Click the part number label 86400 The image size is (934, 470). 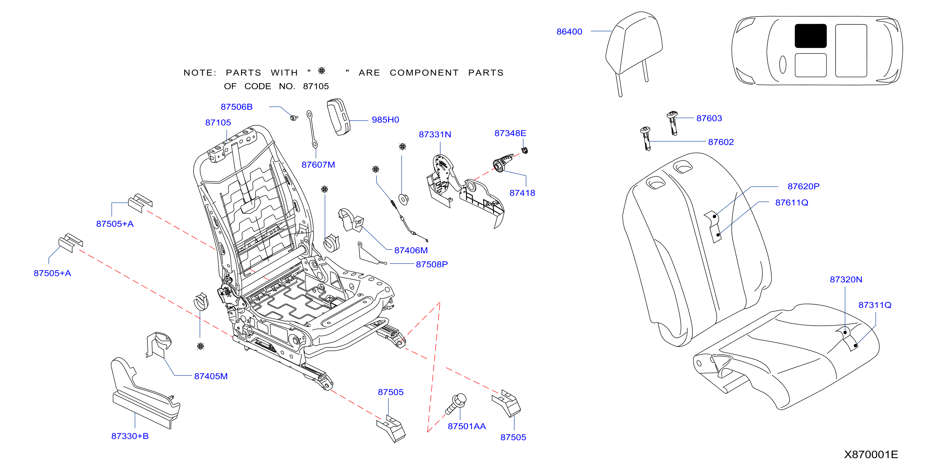coord(569,32)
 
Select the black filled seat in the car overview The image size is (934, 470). coord(811,36)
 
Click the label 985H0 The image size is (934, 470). coord(385,120)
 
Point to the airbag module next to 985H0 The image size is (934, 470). coord(339,117)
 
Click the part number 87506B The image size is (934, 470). coord(236,107)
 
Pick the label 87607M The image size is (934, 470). coord(318,165)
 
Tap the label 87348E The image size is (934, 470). coord(510,133)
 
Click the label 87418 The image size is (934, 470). coord(522,193)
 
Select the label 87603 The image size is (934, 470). coord(709,118)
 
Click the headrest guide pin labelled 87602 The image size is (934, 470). coord(646,138)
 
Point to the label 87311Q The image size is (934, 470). coord(875,305)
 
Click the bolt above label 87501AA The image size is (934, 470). coord(456,403)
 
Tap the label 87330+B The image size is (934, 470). coord(130,436)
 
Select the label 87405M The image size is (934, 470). coord(211,376)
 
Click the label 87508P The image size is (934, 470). coord(432,264)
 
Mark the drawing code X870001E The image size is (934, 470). coord(871,454)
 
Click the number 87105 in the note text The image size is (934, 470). coord(316,86)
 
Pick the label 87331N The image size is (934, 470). coord(435,135)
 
